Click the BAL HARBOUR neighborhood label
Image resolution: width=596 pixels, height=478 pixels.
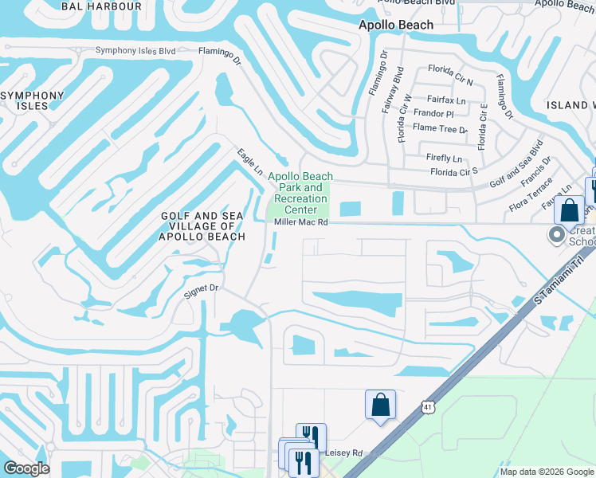point(102,6)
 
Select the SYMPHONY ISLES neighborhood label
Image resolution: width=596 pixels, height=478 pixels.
point(32,100)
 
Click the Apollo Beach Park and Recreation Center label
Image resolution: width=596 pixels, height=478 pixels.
point(300,193)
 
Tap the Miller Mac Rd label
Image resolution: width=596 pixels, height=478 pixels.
point(301,223)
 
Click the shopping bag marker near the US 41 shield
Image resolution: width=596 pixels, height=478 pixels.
point(381,404)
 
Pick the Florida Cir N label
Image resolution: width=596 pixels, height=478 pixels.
point(450,70)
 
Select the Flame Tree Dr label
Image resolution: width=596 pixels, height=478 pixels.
point(440,128)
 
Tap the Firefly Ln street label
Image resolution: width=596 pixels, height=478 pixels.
point(444,159)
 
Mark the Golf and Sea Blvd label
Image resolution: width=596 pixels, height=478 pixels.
point(516,163)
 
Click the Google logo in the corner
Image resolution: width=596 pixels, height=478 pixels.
point(26,468)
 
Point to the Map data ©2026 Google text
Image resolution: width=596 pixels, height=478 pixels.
point(547,472)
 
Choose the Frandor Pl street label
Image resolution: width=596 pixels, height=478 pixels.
point(433,113)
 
